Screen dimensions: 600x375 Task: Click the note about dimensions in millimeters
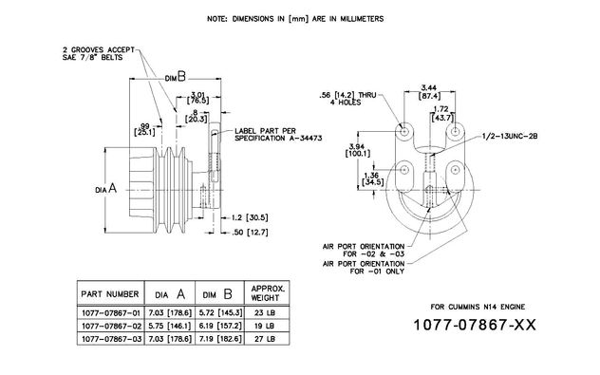[x=295, y=19]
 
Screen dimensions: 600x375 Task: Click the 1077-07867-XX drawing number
[x=475, y=325]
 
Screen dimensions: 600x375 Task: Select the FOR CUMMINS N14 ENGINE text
[x=478, y=307]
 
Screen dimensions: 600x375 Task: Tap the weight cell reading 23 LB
[x=265, y=312]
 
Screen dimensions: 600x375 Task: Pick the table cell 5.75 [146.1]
[x=170, y=326]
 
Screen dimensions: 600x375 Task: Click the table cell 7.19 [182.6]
[x=221, y=339]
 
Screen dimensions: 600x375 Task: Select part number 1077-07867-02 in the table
[x=111, y=326]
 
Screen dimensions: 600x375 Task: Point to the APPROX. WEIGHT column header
[x=268, y=293]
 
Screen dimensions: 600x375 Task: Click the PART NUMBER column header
[x=110, y=294]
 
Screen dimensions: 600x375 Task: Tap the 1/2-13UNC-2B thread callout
[x=510, y=136]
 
